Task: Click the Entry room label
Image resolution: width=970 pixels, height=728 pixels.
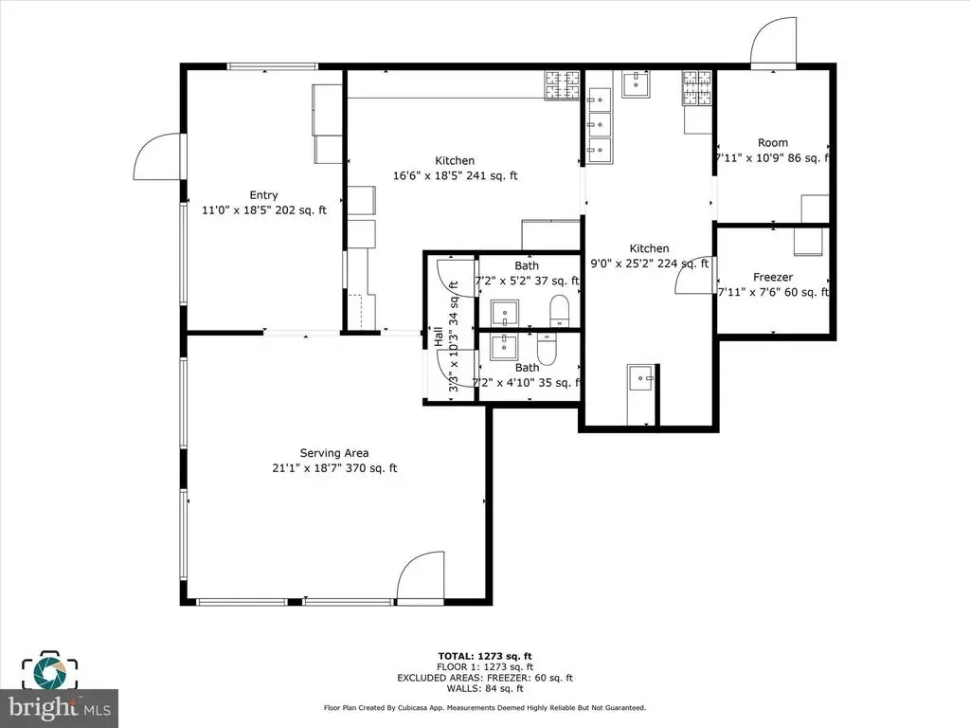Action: (x=263, y=195)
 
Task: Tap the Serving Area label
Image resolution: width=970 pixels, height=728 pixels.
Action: (x=334, y=453)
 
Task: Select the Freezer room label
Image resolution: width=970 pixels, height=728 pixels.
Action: (x=773, y=278)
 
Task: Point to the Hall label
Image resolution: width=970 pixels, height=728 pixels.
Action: (x=438, y=337)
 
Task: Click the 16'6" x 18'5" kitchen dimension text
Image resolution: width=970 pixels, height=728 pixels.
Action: (x=455, y=175)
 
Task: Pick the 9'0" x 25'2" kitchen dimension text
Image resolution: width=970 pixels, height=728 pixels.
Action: (x=650, y=264)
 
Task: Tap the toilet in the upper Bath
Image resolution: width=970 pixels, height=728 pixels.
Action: (x=559, y=310)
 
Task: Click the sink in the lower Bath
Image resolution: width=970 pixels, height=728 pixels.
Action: (x=505, y=347)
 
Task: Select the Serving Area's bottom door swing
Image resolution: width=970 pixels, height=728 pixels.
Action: (x=421, y=575)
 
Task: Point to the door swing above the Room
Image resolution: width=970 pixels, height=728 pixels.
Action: (x=773, y=41)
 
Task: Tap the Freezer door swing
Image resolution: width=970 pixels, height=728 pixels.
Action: (x=694, y=275)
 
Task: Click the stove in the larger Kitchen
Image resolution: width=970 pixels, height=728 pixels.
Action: (x=563, y=85)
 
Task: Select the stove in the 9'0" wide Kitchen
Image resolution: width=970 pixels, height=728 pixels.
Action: (x=697, y=87)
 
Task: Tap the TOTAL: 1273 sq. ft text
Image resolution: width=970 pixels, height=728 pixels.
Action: (x=485, y=656)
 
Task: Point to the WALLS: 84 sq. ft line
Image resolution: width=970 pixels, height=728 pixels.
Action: (x=485, y=688)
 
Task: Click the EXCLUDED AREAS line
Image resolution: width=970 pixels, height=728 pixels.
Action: (x=485, y=677)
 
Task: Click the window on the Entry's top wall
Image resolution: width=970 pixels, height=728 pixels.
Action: (x=272, y=66)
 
